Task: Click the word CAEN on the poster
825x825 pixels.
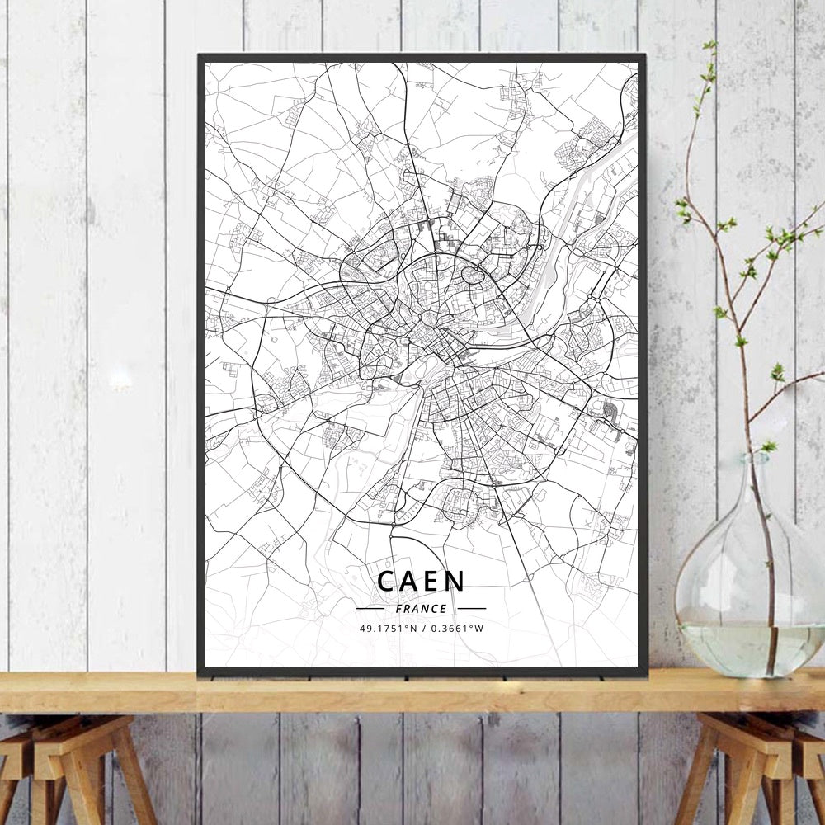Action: pyautogui.click(x=421, y=581)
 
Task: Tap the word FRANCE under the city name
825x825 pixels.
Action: pyautogui.click(x=421, y=609)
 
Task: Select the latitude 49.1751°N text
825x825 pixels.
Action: pyautogui.click(x=389, y=629)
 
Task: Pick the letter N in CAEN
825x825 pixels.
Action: pyautogui.click(x=456, y=581)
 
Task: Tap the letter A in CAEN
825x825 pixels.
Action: pyautogui.click(x=408, y=581)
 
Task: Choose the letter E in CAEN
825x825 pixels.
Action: pyautogui.click(x=432, y=581)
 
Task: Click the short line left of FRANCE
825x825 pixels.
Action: pyautogui.click(x=370, y=609)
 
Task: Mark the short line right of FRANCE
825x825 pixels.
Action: pyautogui.click(x=471, y=609)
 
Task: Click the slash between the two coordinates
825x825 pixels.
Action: pyautogui.click(x=423, y=629)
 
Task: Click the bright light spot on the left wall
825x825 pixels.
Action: pyautogui.click(x=120, y=379)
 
